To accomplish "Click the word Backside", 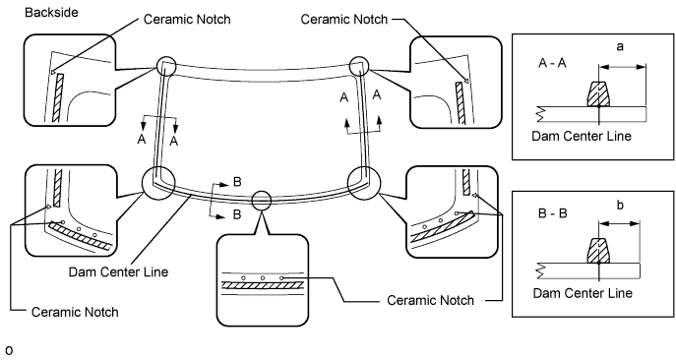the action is [51, 13].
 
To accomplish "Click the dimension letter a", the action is [620, 46].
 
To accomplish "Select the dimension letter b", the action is [620, 205].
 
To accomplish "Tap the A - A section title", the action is [552, 63].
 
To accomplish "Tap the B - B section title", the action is [553, 213].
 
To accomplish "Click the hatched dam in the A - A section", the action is [599, 94].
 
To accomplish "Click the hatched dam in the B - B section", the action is [599, 251].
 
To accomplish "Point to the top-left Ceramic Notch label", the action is [187, 20].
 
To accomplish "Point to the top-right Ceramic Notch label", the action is [344, 20].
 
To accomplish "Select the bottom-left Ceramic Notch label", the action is [75, 312].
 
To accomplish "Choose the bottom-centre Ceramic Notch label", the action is [430, 300].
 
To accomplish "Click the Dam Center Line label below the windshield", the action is [118, 272].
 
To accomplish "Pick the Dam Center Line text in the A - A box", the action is [582, 137].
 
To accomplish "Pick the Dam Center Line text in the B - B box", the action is [583, 293].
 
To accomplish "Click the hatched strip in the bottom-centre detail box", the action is [263, 285].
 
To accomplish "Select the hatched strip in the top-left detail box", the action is [58, 97].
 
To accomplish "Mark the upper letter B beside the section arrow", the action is [237, 182].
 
